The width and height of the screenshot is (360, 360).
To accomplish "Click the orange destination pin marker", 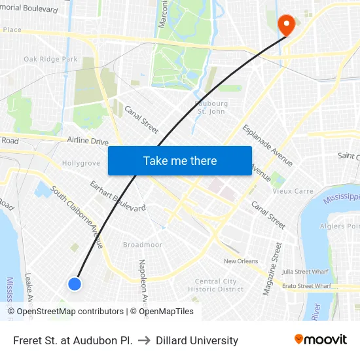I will click(286, 25).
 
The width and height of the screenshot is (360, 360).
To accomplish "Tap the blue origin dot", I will click(75, 283).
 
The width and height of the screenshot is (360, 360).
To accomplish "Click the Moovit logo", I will click(321, 340).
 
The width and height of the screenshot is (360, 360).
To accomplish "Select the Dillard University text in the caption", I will click(197, 340).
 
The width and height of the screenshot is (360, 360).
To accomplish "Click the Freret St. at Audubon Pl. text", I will click(73, 340).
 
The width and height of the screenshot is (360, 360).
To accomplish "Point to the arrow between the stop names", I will click(144, 340).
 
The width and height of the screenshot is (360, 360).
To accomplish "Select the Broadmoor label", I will click(142, 245).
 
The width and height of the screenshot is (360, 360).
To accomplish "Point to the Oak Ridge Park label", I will click(50, 60).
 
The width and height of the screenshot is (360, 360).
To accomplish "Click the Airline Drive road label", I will click(88, 141).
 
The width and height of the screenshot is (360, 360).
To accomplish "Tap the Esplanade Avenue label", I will click(267, 145).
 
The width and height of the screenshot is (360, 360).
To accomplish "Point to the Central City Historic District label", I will click(215, 285).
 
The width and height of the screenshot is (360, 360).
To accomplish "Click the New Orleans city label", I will click(241, 261).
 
